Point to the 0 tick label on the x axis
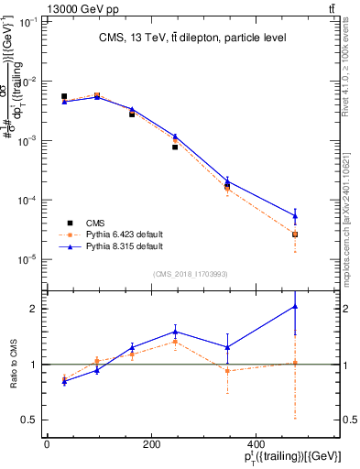tap(47, 444)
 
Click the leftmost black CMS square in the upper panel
tap(64, 96)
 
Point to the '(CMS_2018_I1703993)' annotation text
tap(191, 274)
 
